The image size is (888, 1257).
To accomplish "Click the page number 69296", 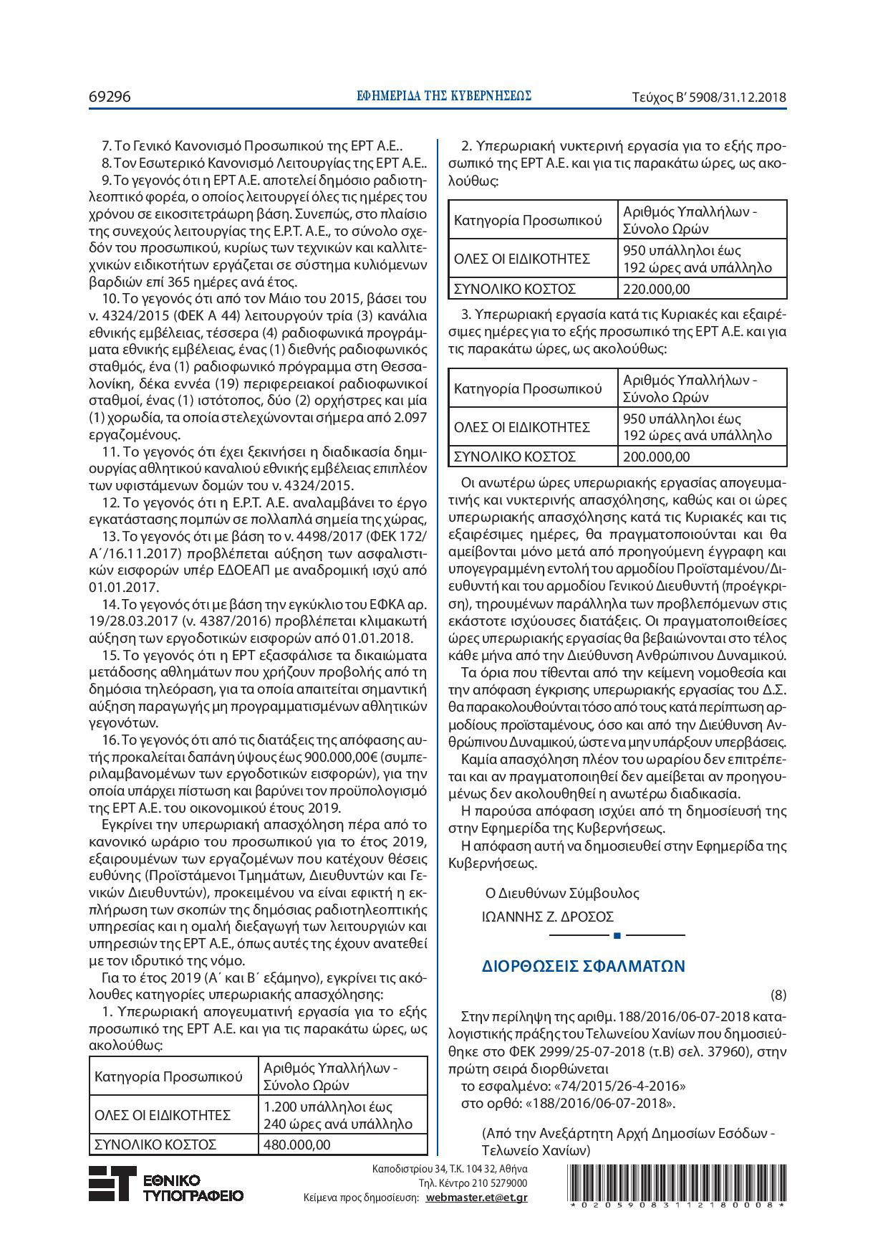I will [x=110, y=96].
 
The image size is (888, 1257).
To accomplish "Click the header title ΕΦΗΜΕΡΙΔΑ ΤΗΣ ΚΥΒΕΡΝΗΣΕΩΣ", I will [x=444, y=95].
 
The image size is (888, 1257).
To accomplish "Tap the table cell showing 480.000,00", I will [x=297, y=1144].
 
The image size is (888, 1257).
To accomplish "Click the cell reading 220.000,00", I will [x=657, y=289].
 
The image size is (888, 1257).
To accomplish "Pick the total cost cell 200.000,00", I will [x=657, y=457].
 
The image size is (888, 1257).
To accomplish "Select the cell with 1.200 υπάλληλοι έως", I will [x=328, y=1107].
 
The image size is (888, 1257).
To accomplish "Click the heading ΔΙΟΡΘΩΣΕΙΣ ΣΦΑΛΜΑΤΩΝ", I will [x=584, y=965].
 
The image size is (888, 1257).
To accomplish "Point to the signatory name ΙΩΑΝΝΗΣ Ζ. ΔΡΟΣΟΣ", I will [x=548, y=917].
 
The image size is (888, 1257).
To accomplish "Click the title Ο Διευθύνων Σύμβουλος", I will [x=562, y=893].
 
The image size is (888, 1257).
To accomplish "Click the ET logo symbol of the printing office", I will [x=112, y=1183].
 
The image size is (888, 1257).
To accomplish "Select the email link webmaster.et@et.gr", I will [x=476, y=1197].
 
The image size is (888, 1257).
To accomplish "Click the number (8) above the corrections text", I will [x=778, y=995].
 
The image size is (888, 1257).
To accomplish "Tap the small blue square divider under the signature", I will [x=617, y=935].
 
